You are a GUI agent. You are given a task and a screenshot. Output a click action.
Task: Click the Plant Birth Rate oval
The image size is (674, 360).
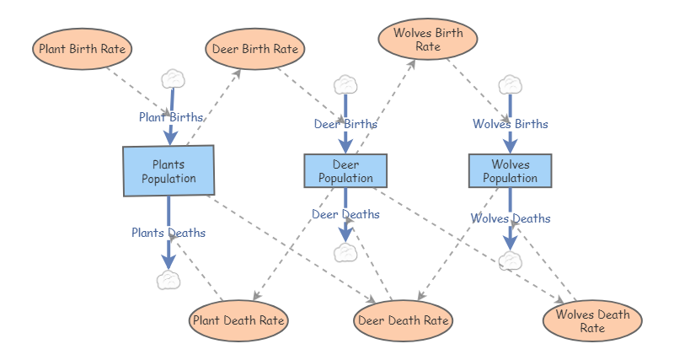[x=83, y=49]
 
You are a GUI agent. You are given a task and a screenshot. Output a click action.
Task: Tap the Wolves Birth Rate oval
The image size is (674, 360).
[x=428, y=39]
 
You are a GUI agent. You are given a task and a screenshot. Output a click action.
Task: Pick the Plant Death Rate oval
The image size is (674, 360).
[x=239, y=320]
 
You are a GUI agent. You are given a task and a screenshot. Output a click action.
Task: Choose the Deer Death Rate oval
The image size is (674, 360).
[x=404, y=320]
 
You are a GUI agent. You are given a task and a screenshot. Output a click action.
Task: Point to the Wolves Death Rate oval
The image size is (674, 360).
[x=592, y=321]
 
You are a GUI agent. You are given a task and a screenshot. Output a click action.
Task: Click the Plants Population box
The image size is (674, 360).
[x=168, y=171]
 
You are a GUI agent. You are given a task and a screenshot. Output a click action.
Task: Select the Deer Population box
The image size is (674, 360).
[x=345, y=170]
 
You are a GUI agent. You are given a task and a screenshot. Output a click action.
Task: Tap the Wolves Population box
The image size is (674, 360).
[x=510, y=170]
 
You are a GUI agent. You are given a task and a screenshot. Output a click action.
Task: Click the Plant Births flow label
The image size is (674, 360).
[x=171, y=117]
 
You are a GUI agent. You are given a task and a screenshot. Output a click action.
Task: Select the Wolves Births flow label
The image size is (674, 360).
[x=510, y=124]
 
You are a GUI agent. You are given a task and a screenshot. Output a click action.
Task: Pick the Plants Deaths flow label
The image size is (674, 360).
[x=168, y=232]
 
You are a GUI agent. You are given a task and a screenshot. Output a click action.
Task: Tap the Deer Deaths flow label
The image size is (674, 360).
[x=345, y=214]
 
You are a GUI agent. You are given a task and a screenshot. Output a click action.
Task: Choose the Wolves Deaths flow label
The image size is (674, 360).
[x=511, y=218]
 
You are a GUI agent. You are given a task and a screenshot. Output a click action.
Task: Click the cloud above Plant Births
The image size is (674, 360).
[x=173, y=78]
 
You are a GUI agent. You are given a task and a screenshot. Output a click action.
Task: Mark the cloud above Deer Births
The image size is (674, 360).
[x=345, y=84]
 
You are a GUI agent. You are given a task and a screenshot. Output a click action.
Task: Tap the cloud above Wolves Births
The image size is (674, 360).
[x=510, y=84]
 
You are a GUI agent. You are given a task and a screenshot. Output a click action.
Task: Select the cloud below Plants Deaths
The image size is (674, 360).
[x=169, y=280]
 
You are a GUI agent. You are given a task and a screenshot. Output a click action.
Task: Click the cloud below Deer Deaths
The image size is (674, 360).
[x=345, y=252]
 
